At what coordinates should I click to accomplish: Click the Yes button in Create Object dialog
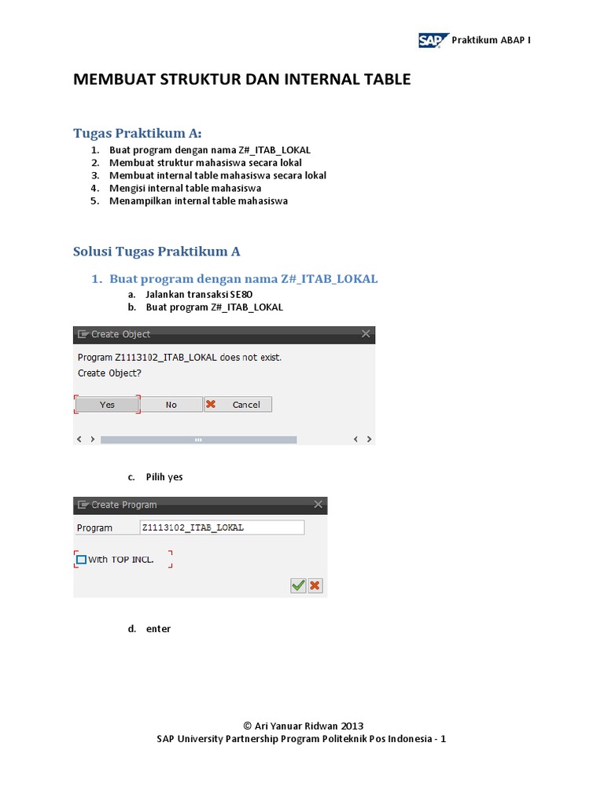(x=107, y=404)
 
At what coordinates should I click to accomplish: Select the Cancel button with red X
(x=238, y=404)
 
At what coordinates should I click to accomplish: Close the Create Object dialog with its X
(x=365, y=334)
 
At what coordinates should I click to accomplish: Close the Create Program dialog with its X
(x=318, y=505)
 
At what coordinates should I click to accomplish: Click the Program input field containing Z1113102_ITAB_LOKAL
(x=221, y=527)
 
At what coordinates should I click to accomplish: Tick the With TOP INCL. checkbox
(x=81, y=560)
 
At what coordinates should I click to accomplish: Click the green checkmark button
(x=298, y=585)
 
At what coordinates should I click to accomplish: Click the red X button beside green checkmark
(x=315, y=585)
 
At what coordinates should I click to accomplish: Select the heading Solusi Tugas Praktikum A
(x=157, y=252)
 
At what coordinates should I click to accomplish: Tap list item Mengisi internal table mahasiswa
(x=185, y=188)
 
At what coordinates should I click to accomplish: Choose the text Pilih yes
(x=164, y=477)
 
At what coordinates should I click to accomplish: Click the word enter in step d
(x=158, y=629)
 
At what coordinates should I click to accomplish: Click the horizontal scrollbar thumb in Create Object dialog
(x=198, y=439)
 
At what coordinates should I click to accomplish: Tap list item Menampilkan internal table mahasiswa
(x=198, y=200)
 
